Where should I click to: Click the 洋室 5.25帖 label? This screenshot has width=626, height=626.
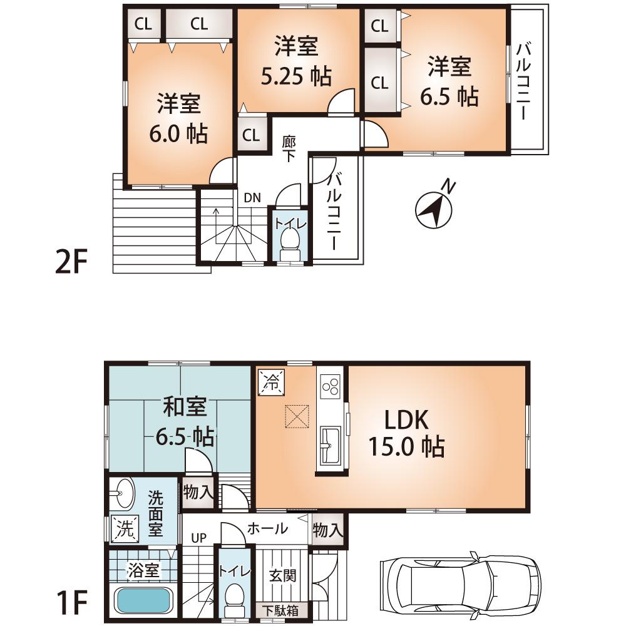tap(296, 61)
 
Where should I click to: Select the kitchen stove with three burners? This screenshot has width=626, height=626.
tap(330, 386)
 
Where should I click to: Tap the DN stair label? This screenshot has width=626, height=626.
tap(252, 197)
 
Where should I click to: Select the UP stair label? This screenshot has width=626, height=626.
tap(198, 538)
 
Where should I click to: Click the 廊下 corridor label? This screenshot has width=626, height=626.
tap(289, 148)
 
